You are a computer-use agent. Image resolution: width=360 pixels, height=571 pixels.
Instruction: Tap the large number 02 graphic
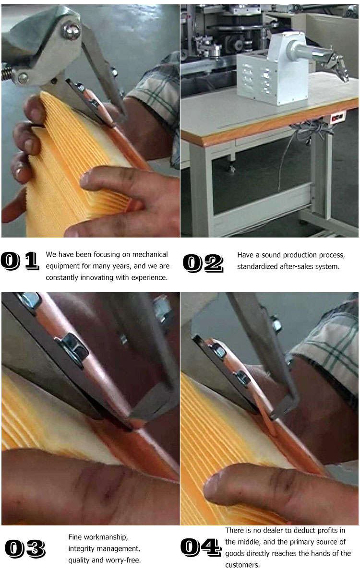(x=203, y=262)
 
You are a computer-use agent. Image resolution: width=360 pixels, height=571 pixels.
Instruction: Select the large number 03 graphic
(x=25, y=548)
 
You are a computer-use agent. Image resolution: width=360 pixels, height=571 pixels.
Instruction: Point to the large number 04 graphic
(x=201, y=547)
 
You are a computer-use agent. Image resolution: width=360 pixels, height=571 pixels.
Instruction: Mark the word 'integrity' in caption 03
(x=81, y=548)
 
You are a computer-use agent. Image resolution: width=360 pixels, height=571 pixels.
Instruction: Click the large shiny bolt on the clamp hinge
(x=72, y=31)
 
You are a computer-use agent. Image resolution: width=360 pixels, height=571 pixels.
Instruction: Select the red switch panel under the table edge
(x=337, y=116)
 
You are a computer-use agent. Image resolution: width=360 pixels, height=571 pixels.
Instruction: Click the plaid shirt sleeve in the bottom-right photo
(x=331, y=350)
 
